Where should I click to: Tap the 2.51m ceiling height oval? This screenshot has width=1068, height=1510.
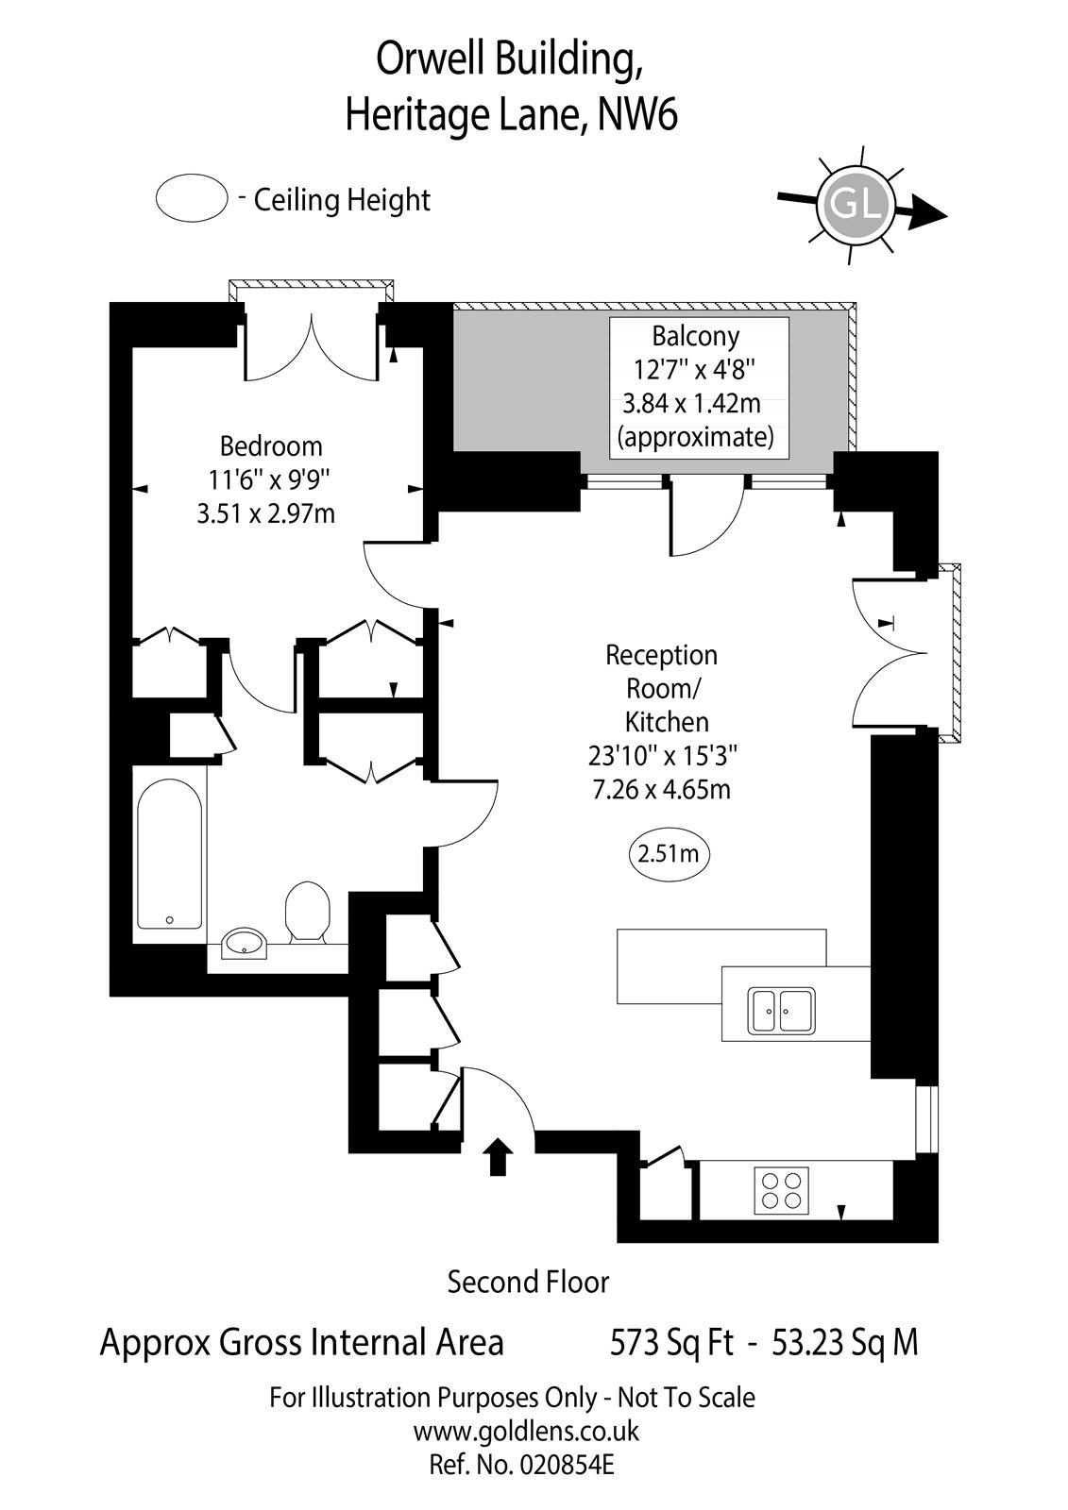click(x=669, y=854)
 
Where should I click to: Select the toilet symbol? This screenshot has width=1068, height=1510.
click(x=306, y=911)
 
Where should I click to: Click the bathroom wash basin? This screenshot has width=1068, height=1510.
click(x=246, y=942)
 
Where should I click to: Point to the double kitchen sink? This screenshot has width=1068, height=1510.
click(x=783, y=1011)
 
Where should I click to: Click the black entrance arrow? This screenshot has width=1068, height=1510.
click(x=498, y=1156)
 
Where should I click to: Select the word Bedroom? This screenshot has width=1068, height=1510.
click(x=271, y=445)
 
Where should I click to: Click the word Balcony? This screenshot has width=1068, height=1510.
click(x=696, y=336)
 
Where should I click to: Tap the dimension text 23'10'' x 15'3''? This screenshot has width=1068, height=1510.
click(x=661, y=755)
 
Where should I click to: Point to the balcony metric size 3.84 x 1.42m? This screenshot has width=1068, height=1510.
click(x=691, y=404)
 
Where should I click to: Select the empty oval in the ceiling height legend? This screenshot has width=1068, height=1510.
click(x=192, y=199)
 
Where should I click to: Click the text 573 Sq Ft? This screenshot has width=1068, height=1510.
click(x=671, y=1341)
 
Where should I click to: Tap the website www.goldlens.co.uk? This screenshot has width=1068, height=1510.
click(x=526, y=1431)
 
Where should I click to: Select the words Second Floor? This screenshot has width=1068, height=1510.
click(x=528, y=1282)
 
